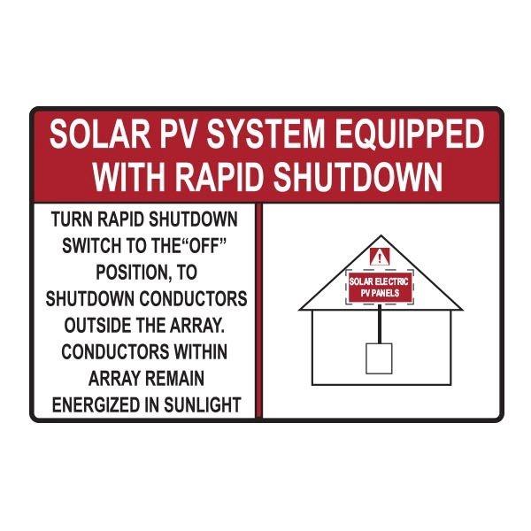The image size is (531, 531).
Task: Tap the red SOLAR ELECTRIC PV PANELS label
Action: pos(380,288)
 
